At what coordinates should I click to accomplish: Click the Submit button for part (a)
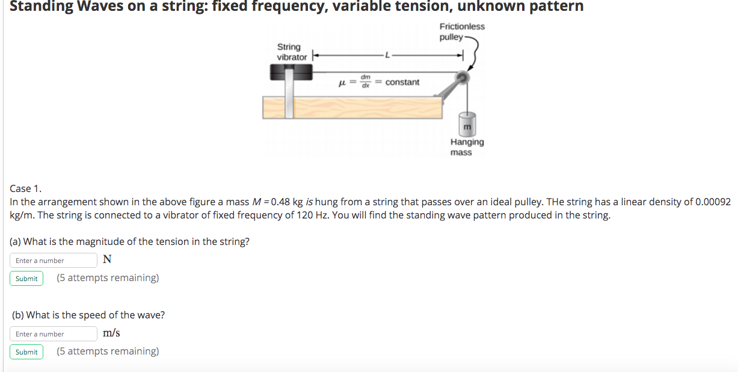[26, 279]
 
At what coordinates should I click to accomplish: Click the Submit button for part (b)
[26, 352]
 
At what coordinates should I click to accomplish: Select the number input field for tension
[53, 261]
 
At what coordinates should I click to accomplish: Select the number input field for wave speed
[53, 334]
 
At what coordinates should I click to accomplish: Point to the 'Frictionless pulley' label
[461, 31]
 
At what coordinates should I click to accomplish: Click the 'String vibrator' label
[291, 52]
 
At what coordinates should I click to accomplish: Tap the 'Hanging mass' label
[466, 147]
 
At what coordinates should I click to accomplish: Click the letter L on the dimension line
[388, 56]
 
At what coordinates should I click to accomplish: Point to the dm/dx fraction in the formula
[365, 81]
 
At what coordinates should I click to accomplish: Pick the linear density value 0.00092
[713, 202]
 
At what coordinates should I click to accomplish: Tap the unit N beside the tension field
[107, 260]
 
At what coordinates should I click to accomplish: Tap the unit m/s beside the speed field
[111, 333]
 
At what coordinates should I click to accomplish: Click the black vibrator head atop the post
[291, 73]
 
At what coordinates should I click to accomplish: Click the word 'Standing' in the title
[42, 7]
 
